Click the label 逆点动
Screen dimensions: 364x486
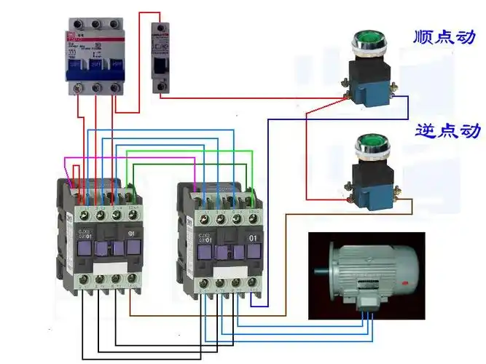click(447, 131)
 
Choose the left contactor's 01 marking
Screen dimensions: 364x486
click(132, 234)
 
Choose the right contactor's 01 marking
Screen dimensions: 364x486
click(254, 237)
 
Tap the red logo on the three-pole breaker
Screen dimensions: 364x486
click(72, 31)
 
